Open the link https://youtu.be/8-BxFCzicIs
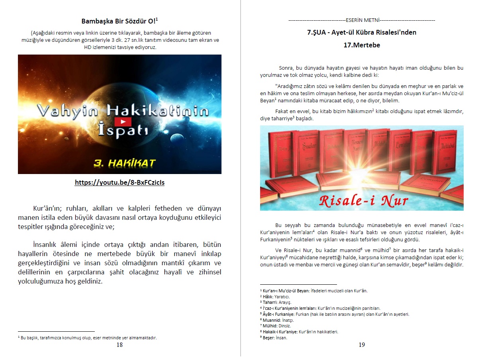[x=120, y=183]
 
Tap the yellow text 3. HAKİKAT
[x=125, y=163]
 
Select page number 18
[x=120, y=345]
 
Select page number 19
[x=362, y=345]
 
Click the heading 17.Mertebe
[x=362, y=45]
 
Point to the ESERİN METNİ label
[x=362, y=20]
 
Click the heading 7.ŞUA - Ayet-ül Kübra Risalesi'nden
[x=362, y=33]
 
